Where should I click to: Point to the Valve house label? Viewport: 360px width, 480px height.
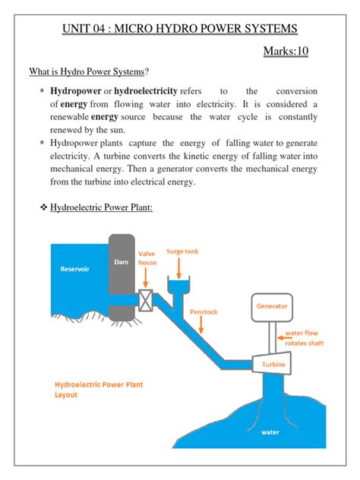click(x=147, y=258)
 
